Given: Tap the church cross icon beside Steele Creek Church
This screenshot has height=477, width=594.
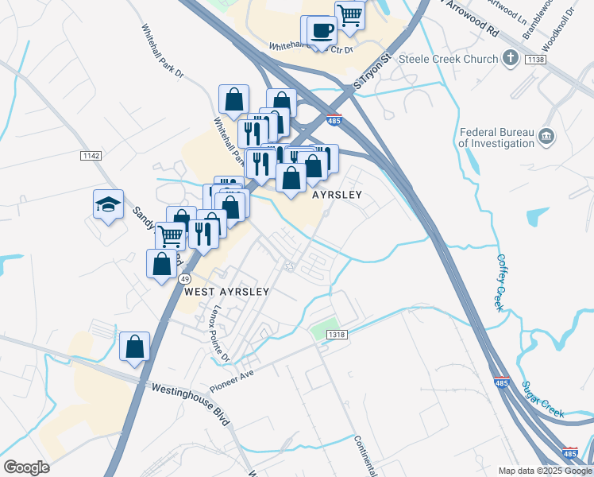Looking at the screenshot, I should coord(512,58).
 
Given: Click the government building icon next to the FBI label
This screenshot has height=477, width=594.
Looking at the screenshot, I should coord(546,137).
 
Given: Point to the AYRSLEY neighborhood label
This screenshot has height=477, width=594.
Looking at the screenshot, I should coord(337,195).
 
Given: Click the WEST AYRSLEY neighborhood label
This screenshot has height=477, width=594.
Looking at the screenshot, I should coord(226,292).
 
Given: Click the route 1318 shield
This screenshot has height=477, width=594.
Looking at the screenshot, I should coord(337,335).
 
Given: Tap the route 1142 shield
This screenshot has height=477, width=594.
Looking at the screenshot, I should coord(91,156).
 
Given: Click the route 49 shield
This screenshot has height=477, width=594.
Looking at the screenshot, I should coord(185,279).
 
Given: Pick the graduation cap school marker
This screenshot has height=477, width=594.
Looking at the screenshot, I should coord(109,204).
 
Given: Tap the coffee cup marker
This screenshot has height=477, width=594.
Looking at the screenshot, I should coord(322,30).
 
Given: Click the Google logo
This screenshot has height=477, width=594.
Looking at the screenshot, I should coord(26,467).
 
